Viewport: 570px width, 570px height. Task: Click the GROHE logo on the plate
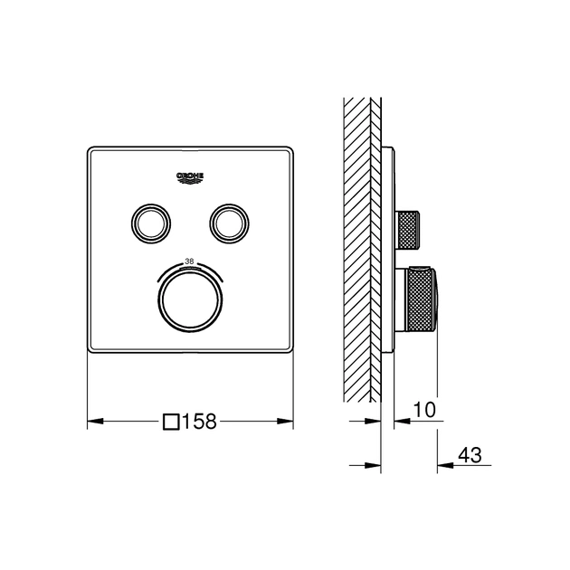(x=191, y=177)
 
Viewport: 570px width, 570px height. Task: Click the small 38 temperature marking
(x=190, y=261)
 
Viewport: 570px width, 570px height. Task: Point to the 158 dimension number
(x=201, y=421)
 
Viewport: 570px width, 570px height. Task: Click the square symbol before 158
(x=171, y=421)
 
